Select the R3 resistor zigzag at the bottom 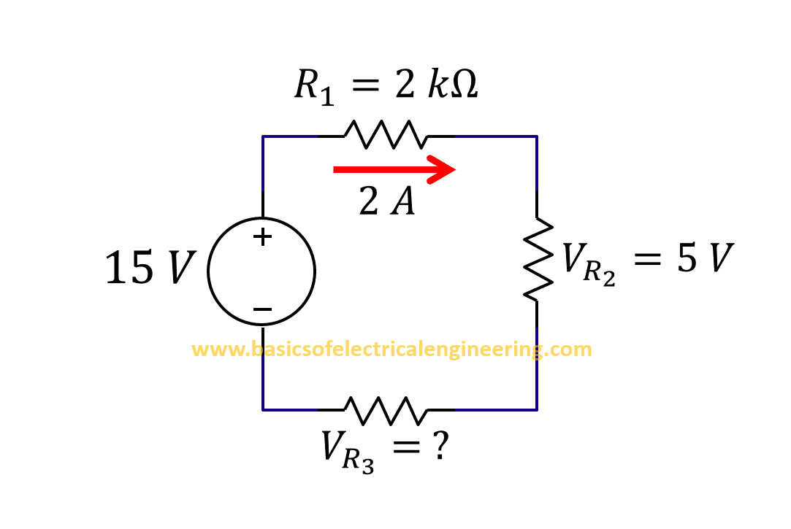tap(386, 410)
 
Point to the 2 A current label tap(386, 201)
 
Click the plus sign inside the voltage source tap(262, 236)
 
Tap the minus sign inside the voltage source tap(262, 309)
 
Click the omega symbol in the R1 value tap(461, 86)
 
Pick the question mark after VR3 tap(439, 446)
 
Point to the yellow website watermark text tap(391, 350)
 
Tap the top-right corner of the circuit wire tap(537, 136)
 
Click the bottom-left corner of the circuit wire tap(263, 409)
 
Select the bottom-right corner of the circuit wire tap(537, 409)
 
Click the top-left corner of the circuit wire tap(263, 136)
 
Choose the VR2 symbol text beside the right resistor tap(588, 263)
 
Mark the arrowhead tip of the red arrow tap(455, 169)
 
